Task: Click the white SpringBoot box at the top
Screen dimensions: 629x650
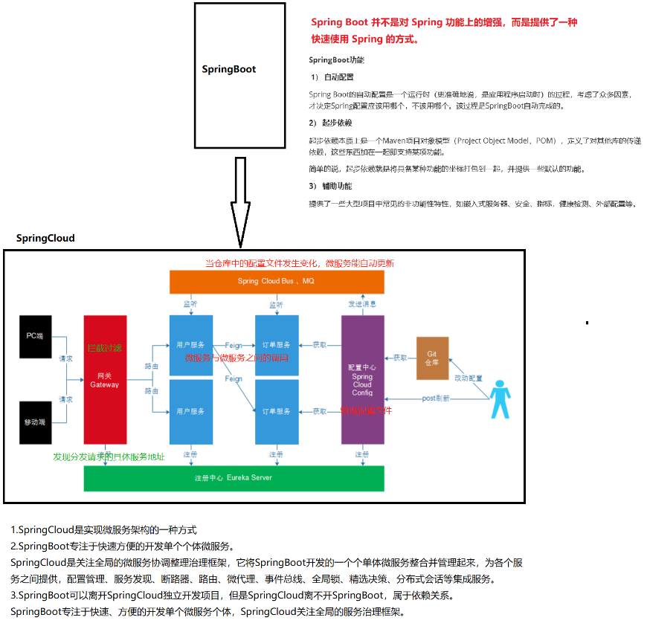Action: [239, 75]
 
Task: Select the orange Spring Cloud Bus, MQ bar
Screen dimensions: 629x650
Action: [277, 281]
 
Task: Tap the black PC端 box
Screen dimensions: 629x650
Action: [35, 336]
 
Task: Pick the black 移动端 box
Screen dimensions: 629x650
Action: [35, 422]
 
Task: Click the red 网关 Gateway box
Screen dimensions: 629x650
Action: [105, 379]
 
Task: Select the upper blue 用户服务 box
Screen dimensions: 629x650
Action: [191, 345]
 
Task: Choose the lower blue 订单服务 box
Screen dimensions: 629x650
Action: [277, 411]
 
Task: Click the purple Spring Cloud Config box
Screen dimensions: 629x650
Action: [362, 379]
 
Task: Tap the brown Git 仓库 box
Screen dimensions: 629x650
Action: [432, 358]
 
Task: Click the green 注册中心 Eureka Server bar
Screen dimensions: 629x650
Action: [234, 478]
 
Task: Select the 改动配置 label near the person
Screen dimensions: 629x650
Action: [469, 378]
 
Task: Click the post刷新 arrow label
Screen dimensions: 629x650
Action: [435, 399]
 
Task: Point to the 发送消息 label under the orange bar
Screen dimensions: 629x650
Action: [362, 304]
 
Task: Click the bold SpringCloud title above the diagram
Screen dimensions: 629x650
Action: [45, 238]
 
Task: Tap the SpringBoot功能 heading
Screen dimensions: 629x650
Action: [336, 59]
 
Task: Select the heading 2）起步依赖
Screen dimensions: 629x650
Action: [330, 123]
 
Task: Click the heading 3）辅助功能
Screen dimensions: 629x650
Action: [330, 186]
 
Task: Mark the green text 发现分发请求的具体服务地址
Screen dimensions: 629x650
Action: [109, 457]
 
